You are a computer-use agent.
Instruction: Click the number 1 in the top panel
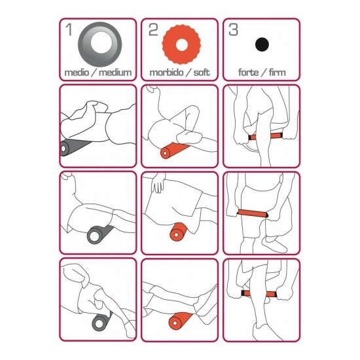(x=69, y=29)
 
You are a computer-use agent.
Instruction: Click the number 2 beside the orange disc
(x=153, y=29)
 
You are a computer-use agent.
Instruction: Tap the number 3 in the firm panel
(x=233, y=29)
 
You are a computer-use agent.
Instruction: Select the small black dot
(x=262, y=45)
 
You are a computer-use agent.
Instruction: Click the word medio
(x=77, y=73)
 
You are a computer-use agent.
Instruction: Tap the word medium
(x=115, y=73)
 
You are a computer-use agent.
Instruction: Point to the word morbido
(x=167, y=73)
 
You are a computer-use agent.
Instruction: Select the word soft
(x=202, y=73)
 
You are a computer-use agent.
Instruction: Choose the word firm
(x=277, y=73)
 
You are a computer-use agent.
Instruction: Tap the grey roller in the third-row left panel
(x=99, y=234)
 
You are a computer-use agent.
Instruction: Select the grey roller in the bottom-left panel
(x=101, y=321)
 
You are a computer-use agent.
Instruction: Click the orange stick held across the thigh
(x=252, y=213)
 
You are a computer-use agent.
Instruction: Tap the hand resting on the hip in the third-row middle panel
(x=158, y=183)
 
